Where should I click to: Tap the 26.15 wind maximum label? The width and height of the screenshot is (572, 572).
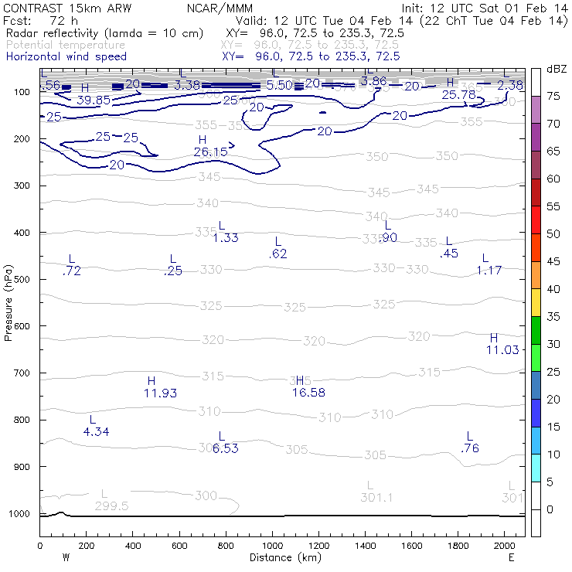click(210, 152)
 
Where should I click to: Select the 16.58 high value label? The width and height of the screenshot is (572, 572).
click(308, 393)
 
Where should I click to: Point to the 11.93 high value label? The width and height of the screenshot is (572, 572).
click(160, 393)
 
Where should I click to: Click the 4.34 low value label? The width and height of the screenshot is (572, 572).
click(96, 431)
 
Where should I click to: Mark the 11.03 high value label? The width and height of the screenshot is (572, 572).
click(502, 350)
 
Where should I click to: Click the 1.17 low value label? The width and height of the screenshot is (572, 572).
click(489, 270)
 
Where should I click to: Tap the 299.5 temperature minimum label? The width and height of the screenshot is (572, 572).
click(111, 506)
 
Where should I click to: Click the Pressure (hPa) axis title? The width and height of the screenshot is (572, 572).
click(9, 302)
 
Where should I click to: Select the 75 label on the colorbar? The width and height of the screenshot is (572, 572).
click(553, 96)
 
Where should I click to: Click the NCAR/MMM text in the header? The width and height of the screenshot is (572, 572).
click(220, 8)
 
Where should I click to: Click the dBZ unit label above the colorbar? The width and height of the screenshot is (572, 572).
click(556, 69)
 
